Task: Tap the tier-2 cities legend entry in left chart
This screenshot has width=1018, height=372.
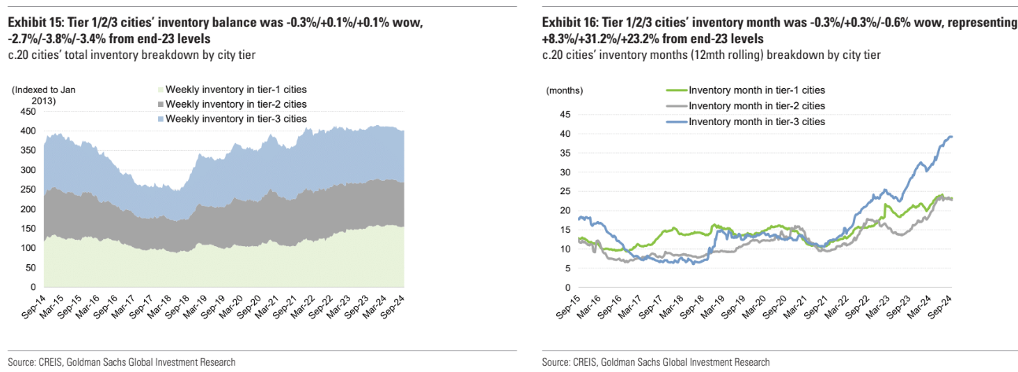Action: click(235, 104)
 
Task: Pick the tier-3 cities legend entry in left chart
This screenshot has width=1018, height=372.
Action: click(235, 118)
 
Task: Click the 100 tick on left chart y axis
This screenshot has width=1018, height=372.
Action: click(28, 248)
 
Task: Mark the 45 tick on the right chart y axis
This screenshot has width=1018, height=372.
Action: click(565, 114)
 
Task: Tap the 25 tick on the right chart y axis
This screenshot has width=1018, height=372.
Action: click(565, 191)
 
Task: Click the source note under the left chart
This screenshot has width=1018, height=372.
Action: click(121, 362)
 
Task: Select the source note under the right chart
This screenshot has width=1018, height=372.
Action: click(655, 362)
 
